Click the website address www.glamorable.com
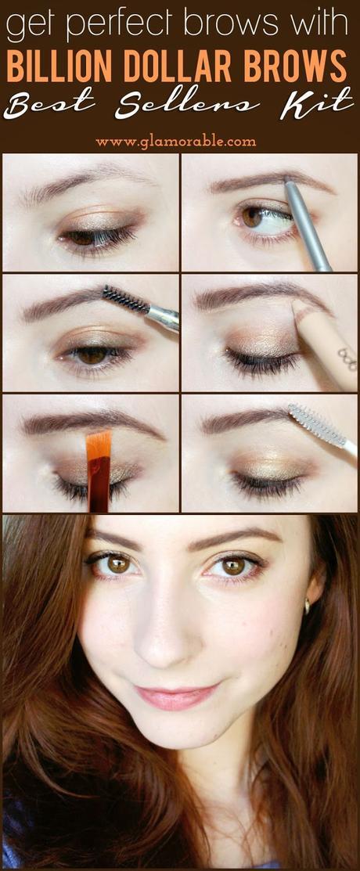[175, 142]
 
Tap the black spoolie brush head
[125, 300]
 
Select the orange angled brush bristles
[99, 445]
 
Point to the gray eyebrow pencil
[308, 223]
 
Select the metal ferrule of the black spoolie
[164, 317]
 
